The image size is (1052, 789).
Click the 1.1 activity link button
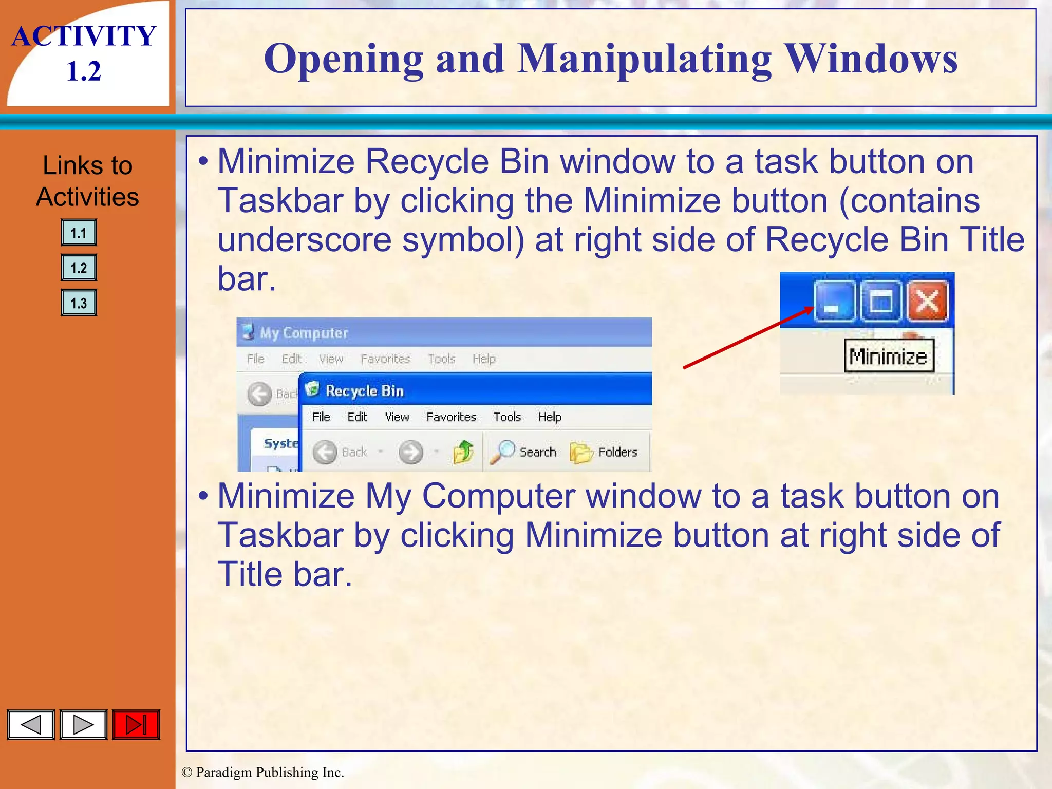pos(79,233)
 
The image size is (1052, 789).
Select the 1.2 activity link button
pos(79,268)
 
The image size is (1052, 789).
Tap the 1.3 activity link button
pos(79,303)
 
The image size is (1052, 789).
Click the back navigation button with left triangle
pos(31,725)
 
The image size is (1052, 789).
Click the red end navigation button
pos(136,725)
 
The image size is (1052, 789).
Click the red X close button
pos(928,302)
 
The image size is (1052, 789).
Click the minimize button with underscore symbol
pos(834,302)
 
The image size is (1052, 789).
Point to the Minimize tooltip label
pos(889,356)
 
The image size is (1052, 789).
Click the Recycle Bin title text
pos(365,391)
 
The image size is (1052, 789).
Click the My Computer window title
pos(304,333)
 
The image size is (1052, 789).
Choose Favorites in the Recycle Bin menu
pos(451,417)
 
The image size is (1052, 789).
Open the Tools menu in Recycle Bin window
pos(507,417)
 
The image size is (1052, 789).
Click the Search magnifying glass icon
pos(502,452)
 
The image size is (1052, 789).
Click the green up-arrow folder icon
pos(463,452)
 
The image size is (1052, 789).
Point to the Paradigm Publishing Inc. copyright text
pos(263,772)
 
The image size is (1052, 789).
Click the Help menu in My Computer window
pos(484,359)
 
